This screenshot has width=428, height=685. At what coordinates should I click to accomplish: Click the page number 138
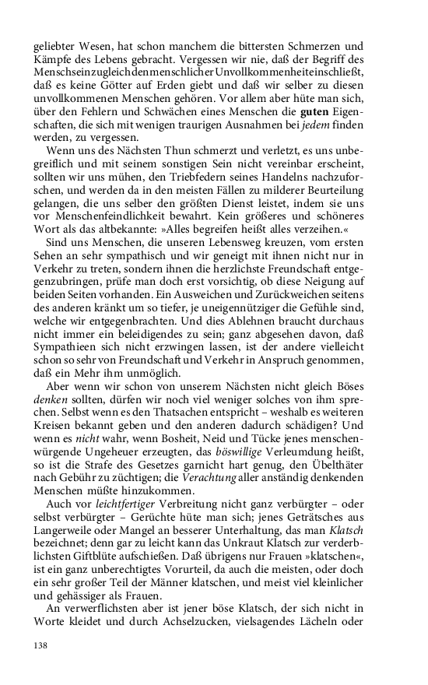click(40, 645)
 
